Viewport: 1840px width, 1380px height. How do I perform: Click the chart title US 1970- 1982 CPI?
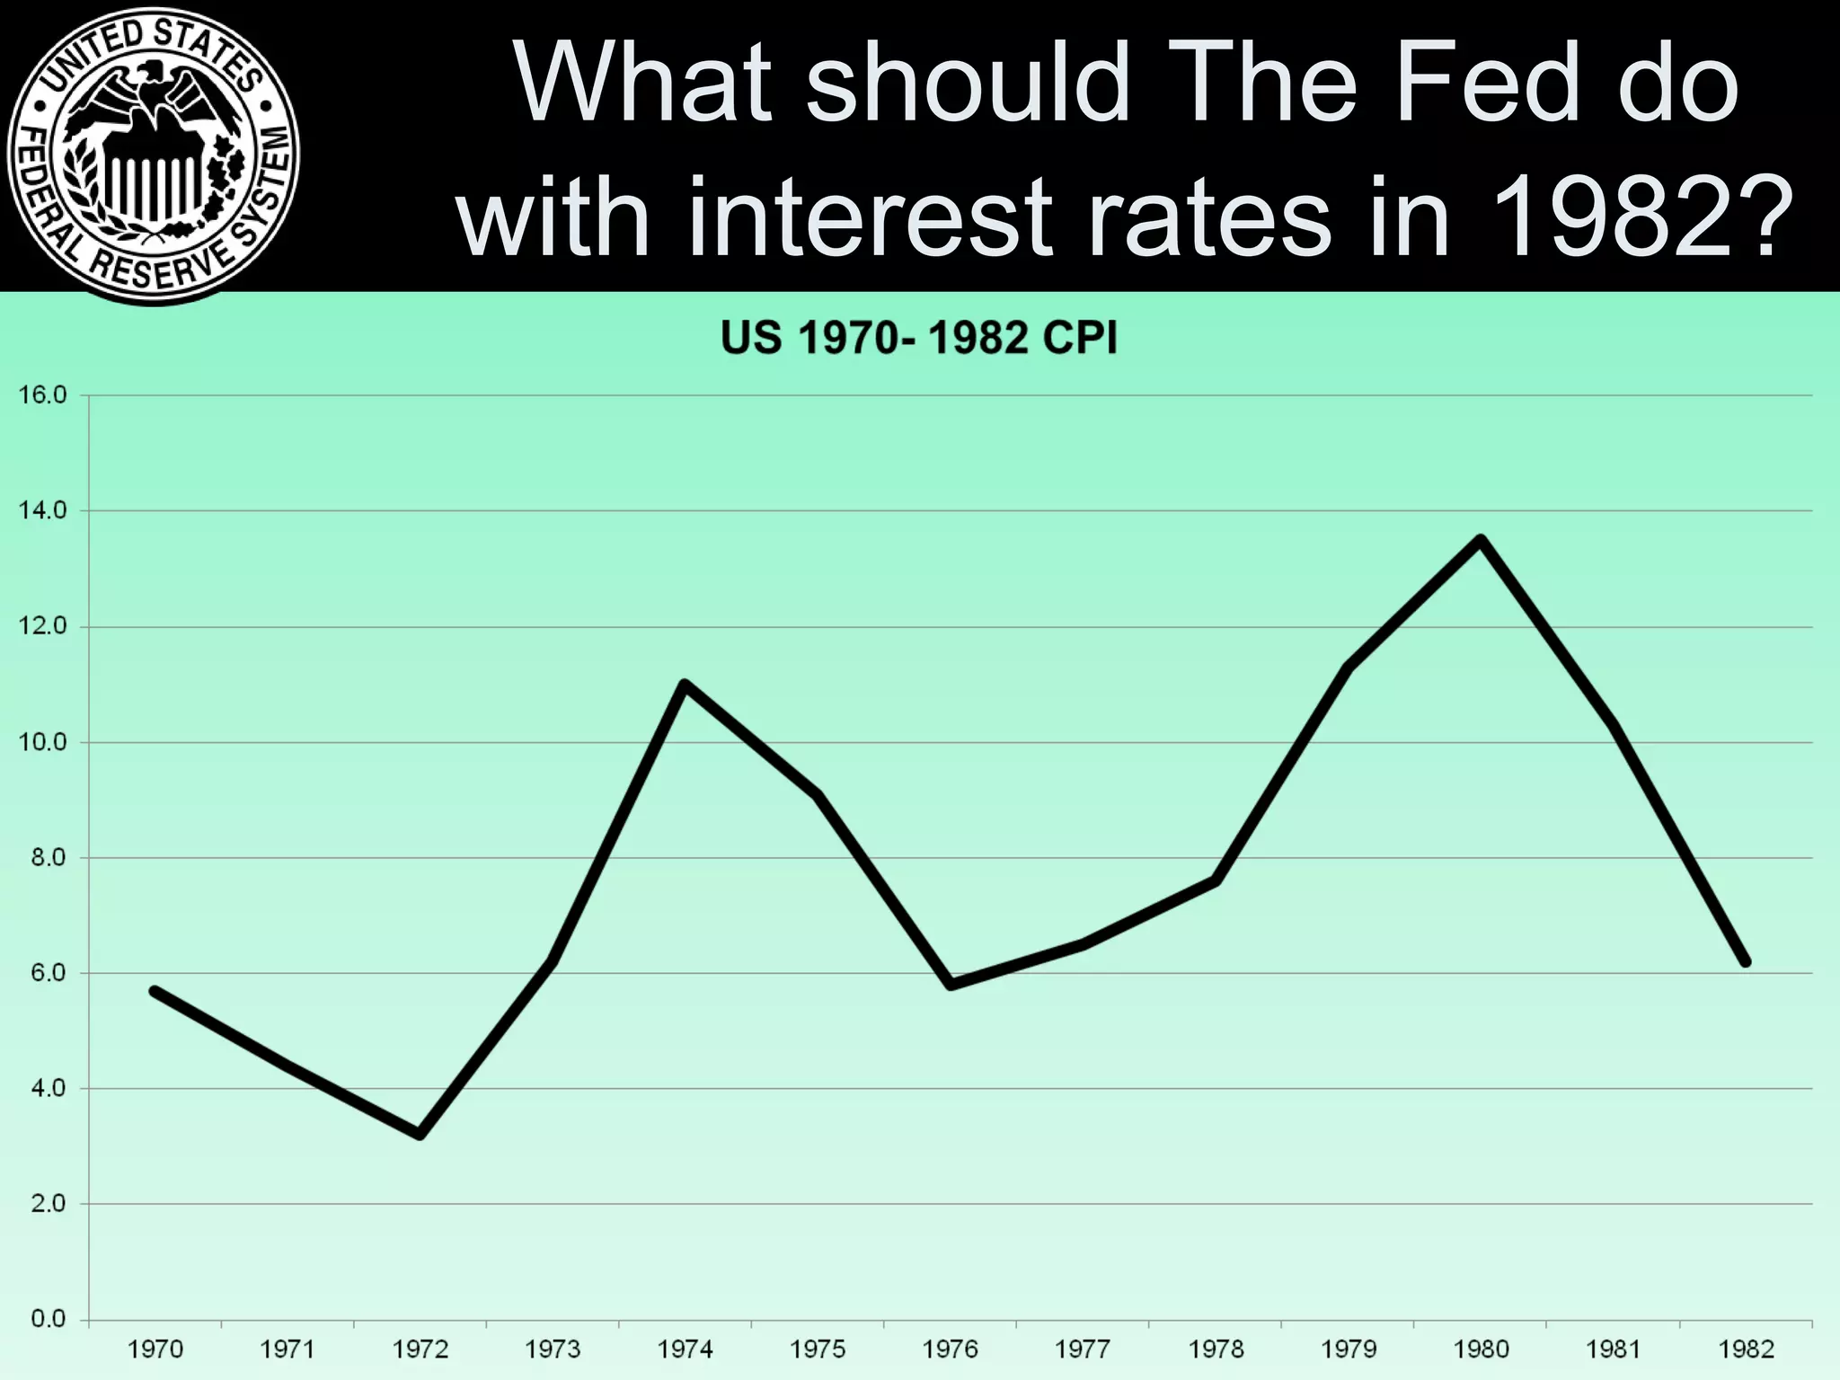tap(919, 340)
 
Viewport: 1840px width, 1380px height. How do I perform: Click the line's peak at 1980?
tap(1481, 539)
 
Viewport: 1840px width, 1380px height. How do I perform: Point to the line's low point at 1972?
tap(420, 1135)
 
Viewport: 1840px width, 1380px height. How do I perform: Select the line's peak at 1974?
tap(685, 685)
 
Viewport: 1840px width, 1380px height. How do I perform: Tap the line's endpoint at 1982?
tap(1746, 962)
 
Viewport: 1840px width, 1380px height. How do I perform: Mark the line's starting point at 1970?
tap(155, 991)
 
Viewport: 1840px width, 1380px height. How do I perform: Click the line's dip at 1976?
tap(951, 985)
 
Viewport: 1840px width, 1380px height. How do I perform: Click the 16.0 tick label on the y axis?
tap(43, 395)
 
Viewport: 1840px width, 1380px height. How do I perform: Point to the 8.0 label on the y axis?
tap(49, 858)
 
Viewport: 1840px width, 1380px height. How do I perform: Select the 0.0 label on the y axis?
tap(49, 1320)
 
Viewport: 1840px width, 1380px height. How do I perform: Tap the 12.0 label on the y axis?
tap(43, 626)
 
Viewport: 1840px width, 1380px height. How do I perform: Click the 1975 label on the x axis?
tap(818, 1349)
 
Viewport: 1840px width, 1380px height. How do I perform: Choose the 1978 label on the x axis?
tap(1216, 1349)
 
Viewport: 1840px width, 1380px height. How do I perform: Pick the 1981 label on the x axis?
tap(1614, 1349)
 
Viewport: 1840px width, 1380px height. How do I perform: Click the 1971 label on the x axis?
tap(287, 1349)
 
